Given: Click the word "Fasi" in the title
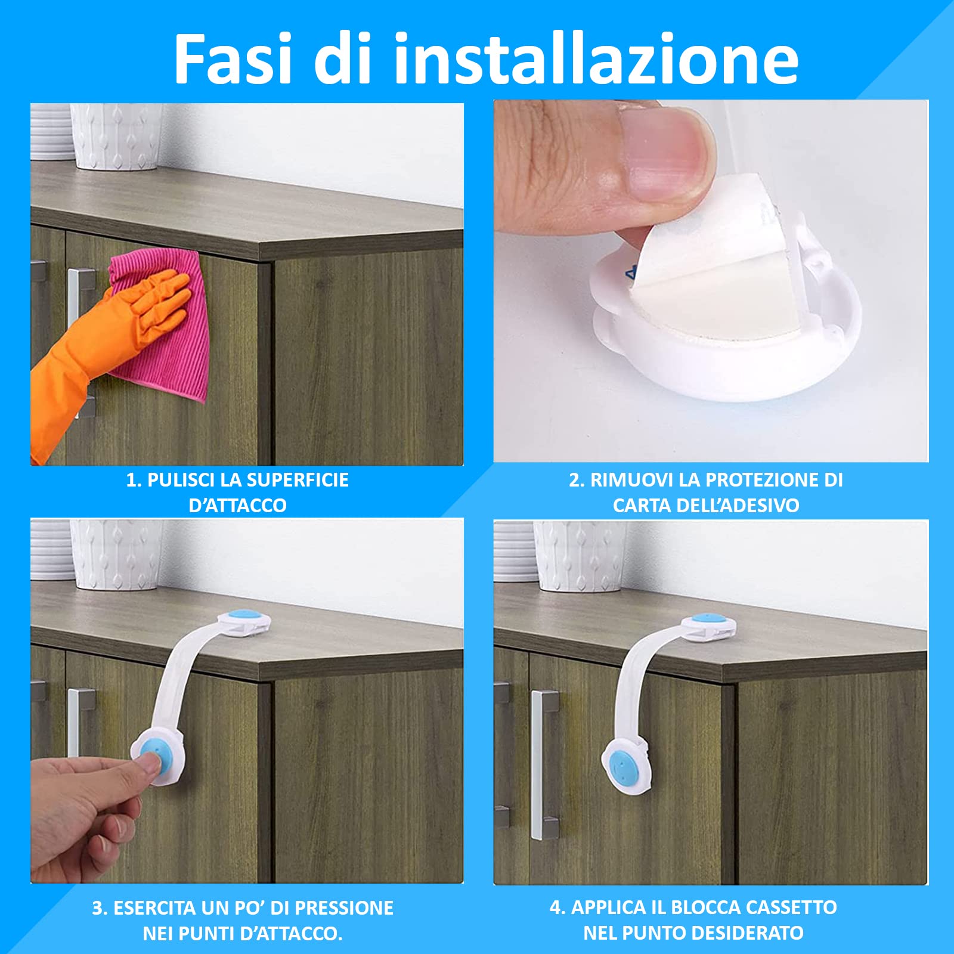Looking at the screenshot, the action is [x=232, y=58].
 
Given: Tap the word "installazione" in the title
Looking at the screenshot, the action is [x=596, y=58].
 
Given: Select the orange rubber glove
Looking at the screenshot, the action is [x=104, y=352].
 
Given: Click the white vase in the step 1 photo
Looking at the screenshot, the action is [x=116, y=137].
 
